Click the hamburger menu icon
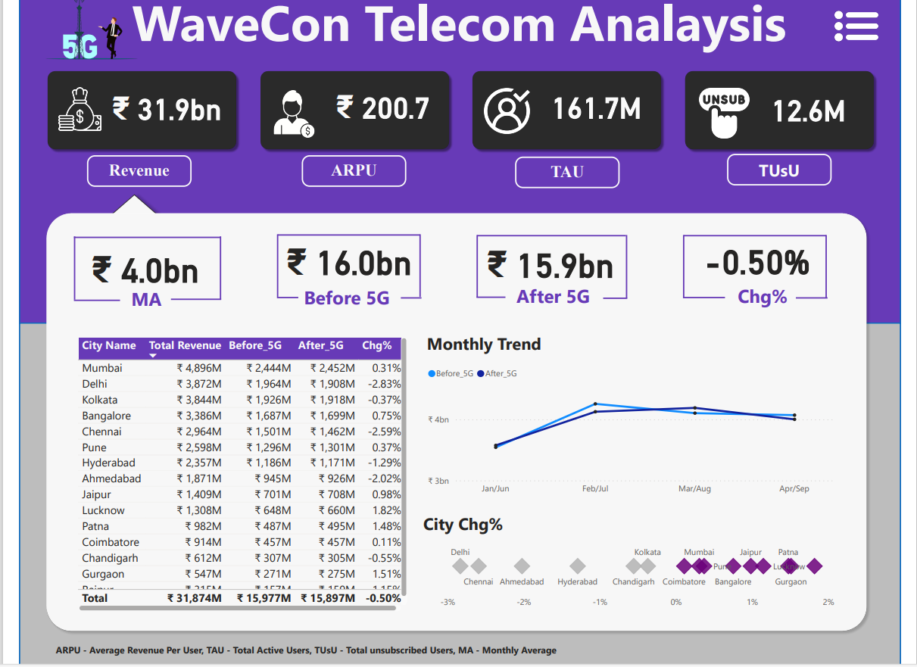point(856,26)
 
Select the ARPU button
point(354,170)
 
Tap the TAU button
point(567,172)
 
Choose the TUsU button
point(778,170)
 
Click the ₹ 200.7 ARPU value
point(382,109)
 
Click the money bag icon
point(80,111)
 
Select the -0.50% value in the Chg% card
point(756,263)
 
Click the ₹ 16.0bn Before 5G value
point(349,263)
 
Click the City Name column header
point(109,346)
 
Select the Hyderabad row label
point(108,463)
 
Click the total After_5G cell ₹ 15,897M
point(327,598)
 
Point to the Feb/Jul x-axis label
point(594,489)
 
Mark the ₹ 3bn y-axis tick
point(439,481)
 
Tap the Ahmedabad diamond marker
point(522,566)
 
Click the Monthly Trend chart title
point(484,344)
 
